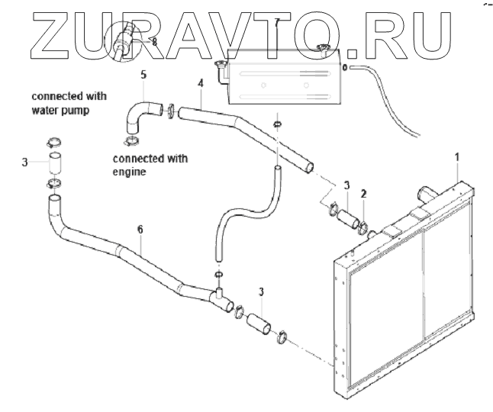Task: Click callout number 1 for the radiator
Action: click(457, 157)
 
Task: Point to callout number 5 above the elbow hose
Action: click(142, 75)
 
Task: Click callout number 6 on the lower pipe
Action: click(140, 228)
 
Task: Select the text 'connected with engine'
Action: click(150, 166)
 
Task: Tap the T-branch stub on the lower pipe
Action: click(219, 290)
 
